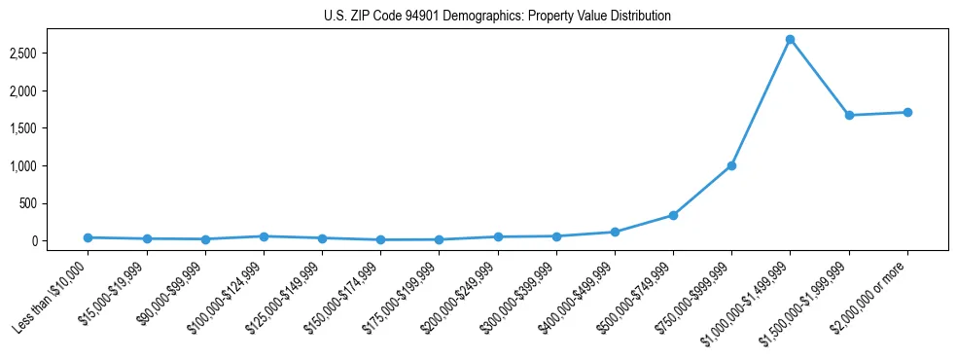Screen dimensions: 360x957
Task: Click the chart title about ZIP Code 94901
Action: pos(497,17)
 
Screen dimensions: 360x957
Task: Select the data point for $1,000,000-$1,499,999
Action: pos(790,40)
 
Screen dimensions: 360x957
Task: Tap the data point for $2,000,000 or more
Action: pos(907,112)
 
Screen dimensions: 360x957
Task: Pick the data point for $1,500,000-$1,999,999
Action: pos(849,115)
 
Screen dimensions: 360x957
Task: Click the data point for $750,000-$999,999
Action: pos(731,165)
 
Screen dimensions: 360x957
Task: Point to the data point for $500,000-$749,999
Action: pos(673,215)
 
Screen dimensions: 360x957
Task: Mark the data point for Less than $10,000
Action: pos(88,237)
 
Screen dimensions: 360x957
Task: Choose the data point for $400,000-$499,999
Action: pos(615,232)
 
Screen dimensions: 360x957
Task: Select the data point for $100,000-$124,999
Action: pos(264,236)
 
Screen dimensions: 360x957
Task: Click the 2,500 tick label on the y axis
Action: pos(49,53)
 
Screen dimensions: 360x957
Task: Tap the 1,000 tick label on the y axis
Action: pos(49,166)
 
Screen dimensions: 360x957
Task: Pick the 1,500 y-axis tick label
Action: pos(49,128)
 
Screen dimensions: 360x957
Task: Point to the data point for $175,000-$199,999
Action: pos(439,239)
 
